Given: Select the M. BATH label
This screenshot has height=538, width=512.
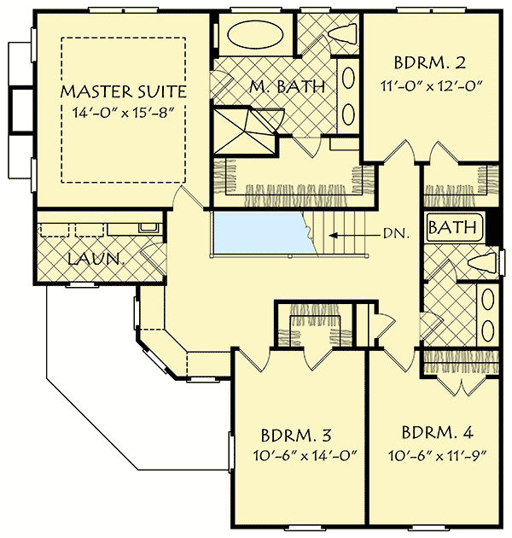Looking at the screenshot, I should [x=287, y=85].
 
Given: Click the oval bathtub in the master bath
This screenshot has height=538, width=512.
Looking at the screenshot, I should [x=253, y=35].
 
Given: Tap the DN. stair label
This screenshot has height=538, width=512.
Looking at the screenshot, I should [x=393, y=232].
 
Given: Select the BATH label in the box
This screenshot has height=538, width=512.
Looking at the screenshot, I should [x=451, y=228].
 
